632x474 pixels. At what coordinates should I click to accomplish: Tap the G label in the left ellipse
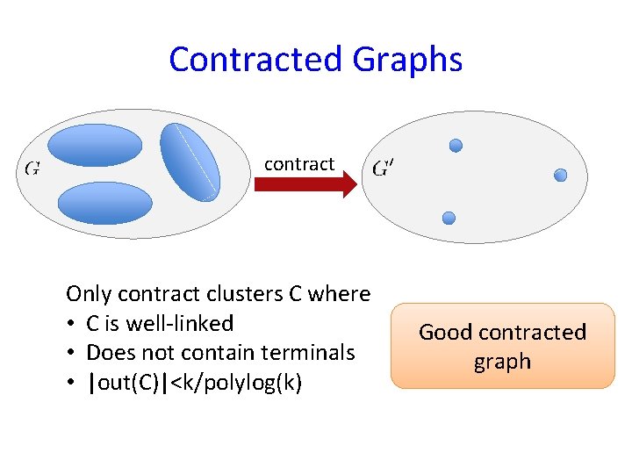tap(31, 167)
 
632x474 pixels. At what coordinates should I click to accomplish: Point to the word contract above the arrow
tap(299, 163)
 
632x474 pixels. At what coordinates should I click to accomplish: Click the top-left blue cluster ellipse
tap(94, 145)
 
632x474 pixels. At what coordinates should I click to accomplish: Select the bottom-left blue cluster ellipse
tap(105, 202)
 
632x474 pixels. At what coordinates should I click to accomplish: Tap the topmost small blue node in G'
tap(456, 146)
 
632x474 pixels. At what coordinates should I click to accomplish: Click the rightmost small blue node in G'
tap(561, 176)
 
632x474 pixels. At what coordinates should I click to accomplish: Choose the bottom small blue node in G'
tap(449, 218)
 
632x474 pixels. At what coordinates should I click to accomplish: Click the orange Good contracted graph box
tap(502, 346)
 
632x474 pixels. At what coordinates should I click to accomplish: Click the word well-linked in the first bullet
tap(179, 323)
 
